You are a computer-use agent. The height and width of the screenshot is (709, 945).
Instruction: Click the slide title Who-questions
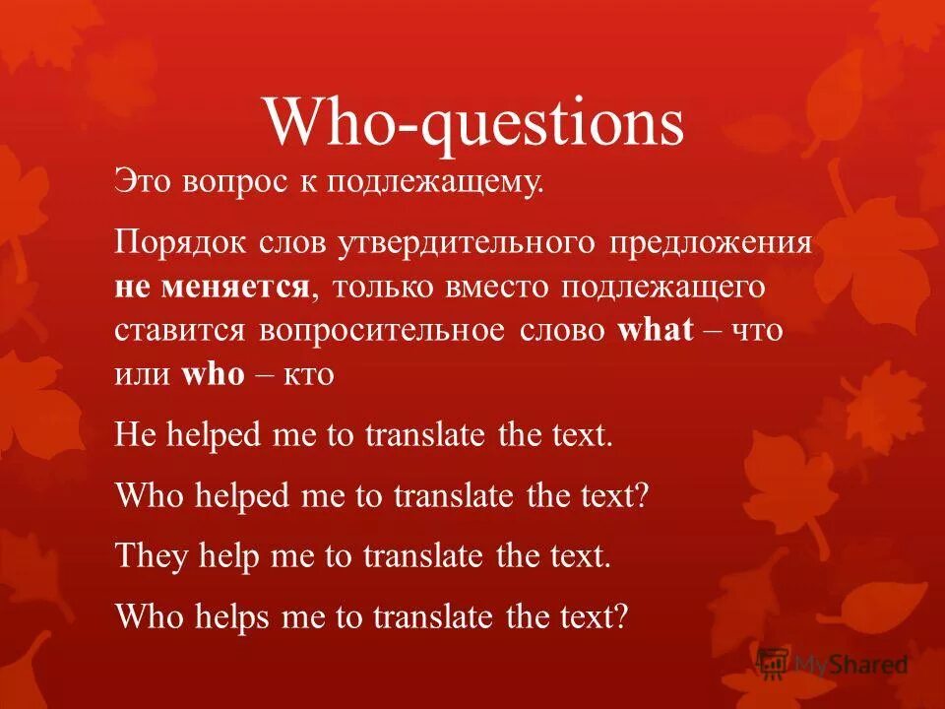click(x=472, y=124)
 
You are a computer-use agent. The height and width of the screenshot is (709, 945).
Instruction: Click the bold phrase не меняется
click(x=212, y=288)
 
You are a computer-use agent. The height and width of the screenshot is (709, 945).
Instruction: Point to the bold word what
click(x=656, y=330)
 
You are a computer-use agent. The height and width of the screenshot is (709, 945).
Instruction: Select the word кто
click(x=311, y=375)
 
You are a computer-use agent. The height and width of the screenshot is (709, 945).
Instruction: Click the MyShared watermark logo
click(x=833, y=664)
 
